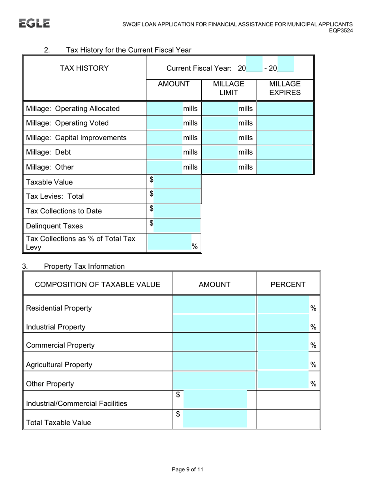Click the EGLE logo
click(35, 23)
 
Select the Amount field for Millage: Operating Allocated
click(165, 109)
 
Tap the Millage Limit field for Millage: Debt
click(220, 152)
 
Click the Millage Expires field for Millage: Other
click(285, 167)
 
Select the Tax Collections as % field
click(169, 245)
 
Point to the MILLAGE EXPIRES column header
click(285, 89)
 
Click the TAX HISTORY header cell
click(84, 68)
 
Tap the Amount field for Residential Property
click(214, 307)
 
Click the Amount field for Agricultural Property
click(214, 363)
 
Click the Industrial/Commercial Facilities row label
click(77, 403)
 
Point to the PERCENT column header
click(288, 284)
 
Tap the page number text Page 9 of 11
click(187, 470)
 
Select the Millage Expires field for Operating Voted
click(285, 123)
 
